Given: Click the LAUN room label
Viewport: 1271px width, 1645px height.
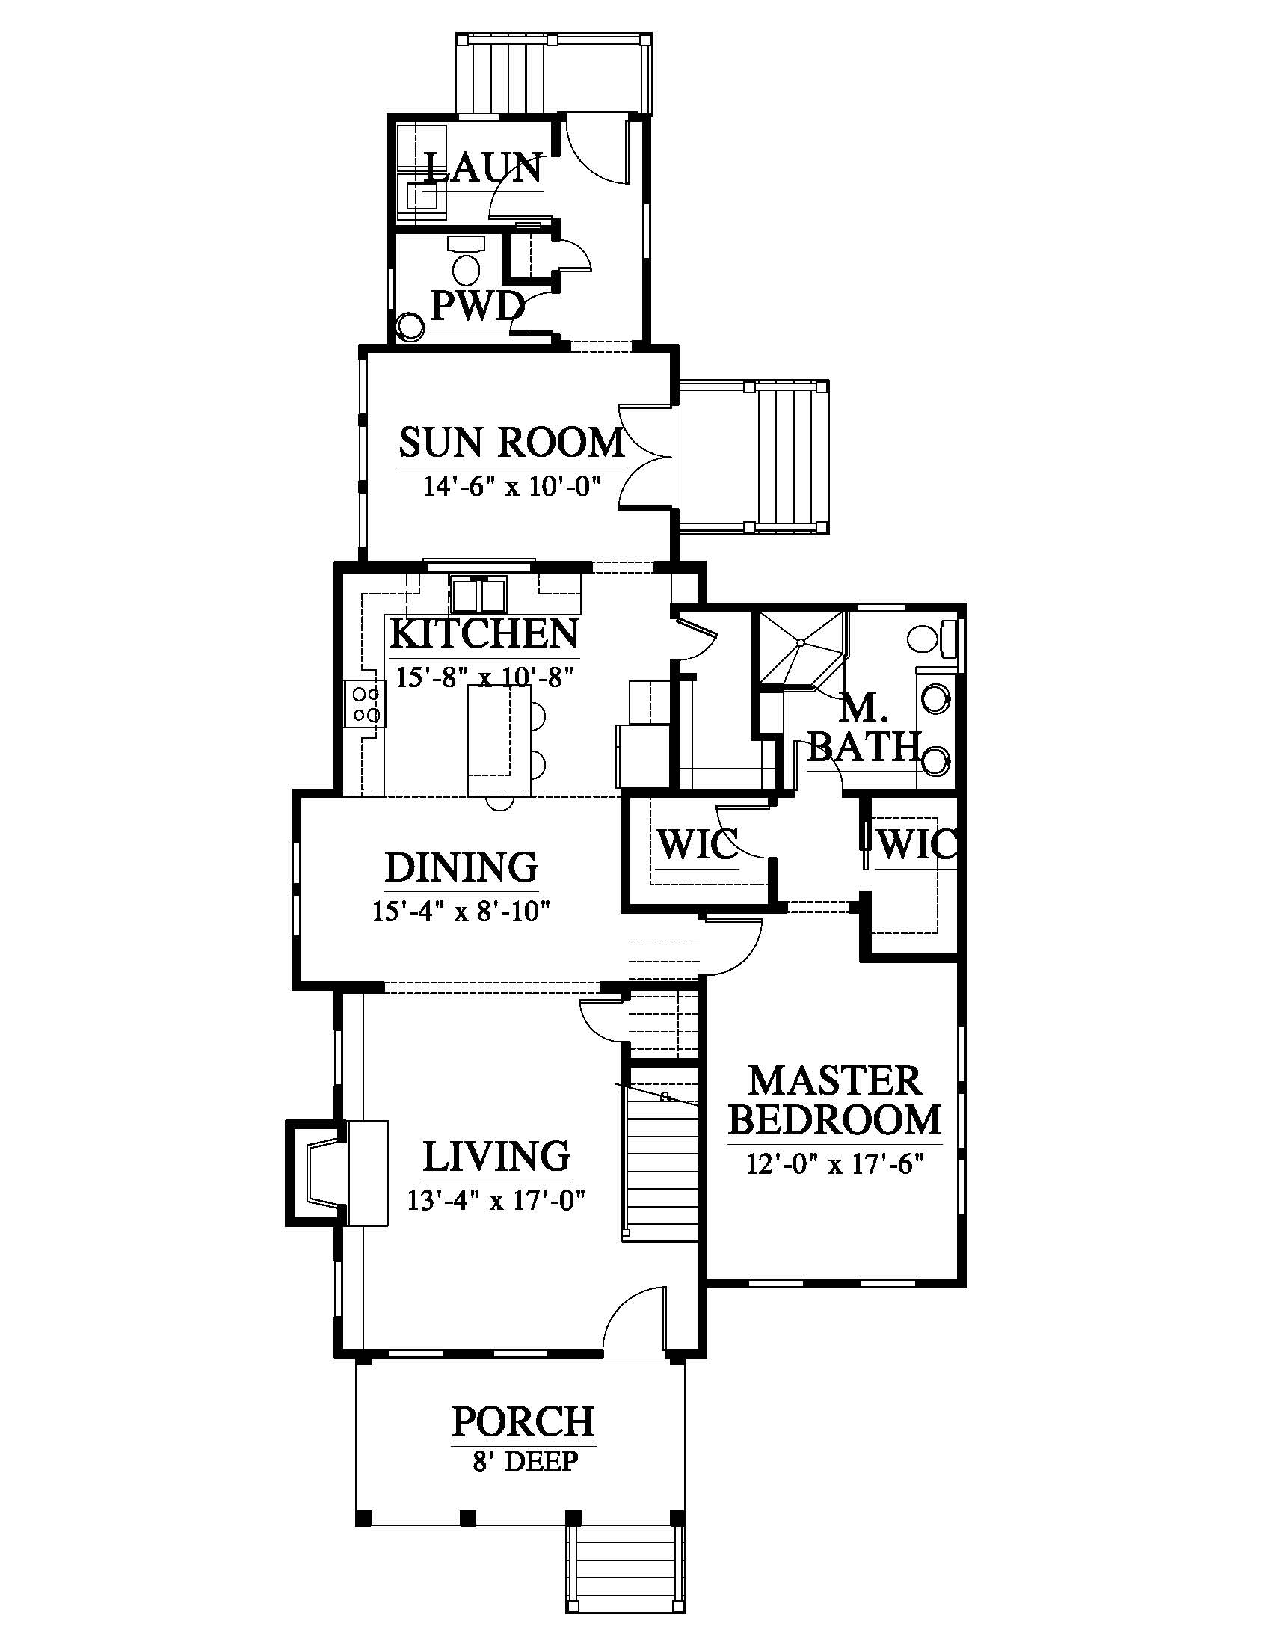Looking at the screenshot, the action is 484,167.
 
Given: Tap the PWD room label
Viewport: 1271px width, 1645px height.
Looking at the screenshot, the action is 477,306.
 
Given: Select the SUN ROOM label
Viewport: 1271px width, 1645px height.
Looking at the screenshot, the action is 512,442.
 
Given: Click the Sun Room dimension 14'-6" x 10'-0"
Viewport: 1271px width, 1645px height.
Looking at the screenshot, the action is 511,486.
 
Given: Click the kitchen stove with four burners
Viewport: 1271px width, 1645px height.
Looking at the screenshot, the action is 365,704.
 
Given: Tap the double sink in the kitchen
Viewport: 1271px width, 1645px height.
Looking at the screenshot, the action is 478,595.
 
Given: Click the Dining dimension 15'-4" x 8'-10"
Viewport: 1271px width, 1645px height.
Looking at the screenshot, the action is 461,911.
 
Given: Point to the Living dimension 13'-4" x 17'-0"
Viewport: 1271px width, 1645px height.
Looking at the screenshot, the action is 496,1200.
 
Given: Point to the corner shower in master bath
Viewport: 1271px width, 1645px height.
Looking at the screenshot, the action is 803,651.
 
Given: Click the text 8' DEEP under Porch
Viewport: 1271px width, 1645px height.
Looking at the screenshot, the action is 526,1461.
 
